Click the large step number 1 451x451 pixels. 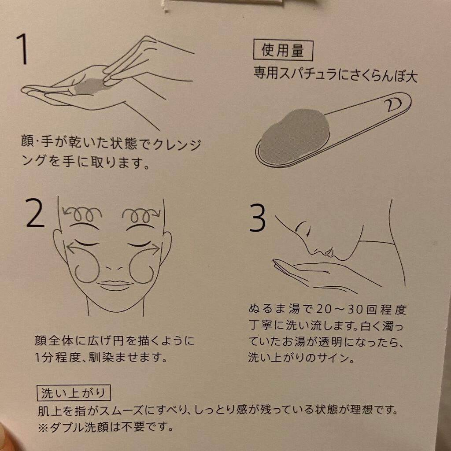(x=22, y=49)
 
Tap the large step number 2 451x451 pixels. (x=35, y=213)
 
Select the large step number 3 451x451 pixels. (x=257, y=218)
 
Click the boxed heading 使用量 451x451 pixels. (x=283, y=51)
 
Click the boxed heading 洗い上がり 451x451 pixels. (x=74, y=393)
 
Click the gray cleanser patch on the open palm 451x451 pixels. (x=88, y=86)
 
